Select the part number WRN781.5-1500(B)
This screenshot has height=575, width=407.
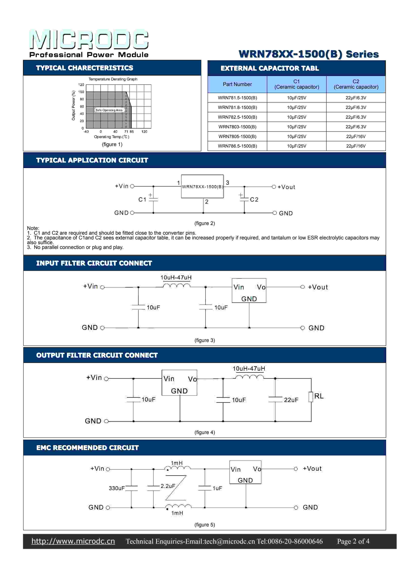pos(237,98)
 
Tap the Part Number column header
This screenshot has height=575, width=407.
pos(237,84)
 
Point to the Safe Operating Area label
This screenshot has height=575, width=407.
pos(109,110)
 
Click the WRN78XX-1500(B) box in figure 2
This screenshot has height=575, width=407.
pos(202,187)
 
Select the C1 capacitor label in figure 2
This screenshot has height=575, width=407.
pos(142,200)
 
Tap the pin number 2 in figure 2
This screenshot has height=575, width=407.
pos(207,202)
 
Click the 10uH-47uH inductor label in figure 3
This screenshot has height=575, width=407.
pos(176,277)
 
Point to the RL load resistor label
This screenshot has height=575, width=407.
pos(319,396)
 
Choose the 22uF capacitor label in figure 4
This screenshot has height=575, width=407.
pos(291,400)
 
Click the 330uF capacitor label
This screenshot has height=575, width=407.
pos(117,488)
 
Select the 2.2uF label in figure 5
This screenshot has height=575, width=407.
pos(168,486)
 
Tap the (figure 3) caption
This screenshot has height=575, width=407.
pos(205,340)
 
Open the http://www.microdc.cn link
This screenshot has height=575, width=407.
pos(73,541)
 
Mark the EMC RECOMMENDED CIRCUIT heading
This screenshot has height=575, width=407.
pos(88,448)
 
